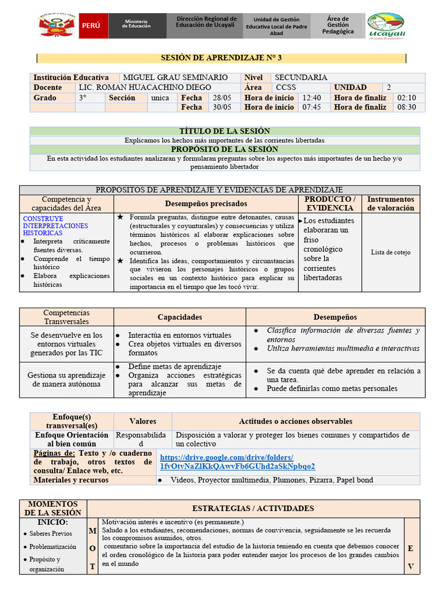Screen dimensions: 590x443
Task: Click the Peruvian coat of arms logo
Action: coord(58,26)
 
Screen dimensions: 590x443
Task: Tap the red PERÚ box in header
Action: coord(93,27)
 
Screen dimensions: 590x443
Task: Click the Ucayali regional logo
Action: coord(386,27)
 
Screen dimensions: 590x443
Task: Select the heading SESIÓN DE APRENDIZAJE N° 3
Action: coord(221,58)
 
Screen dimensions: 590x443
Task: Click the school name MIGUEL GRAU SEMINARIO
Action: coord(175,77)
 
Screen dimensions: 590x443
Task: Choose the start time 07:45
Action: coord(311,107)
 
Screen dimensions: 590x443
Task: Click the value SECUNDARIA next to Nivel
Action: coord(301,77)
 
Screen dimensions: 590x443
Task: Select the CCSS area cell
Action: coord(286,88)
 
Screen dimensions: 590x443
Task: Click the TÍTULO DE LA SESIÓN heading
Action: coord(224,131)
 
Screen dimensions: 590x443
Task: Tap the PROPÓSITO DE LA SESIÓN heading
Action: coord(224,149)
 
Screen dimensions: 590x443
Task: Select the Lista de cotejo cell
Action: coord(391,252)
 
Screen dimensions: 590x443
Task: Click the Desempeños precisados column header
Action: coord(206,203)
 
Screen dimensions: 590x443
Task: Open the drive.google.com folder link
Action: coord(237,462)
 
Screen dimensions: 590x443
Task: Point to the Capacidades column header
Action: coord(180,317)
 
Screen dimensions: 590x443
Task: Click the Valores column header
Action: coord(142,421)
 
